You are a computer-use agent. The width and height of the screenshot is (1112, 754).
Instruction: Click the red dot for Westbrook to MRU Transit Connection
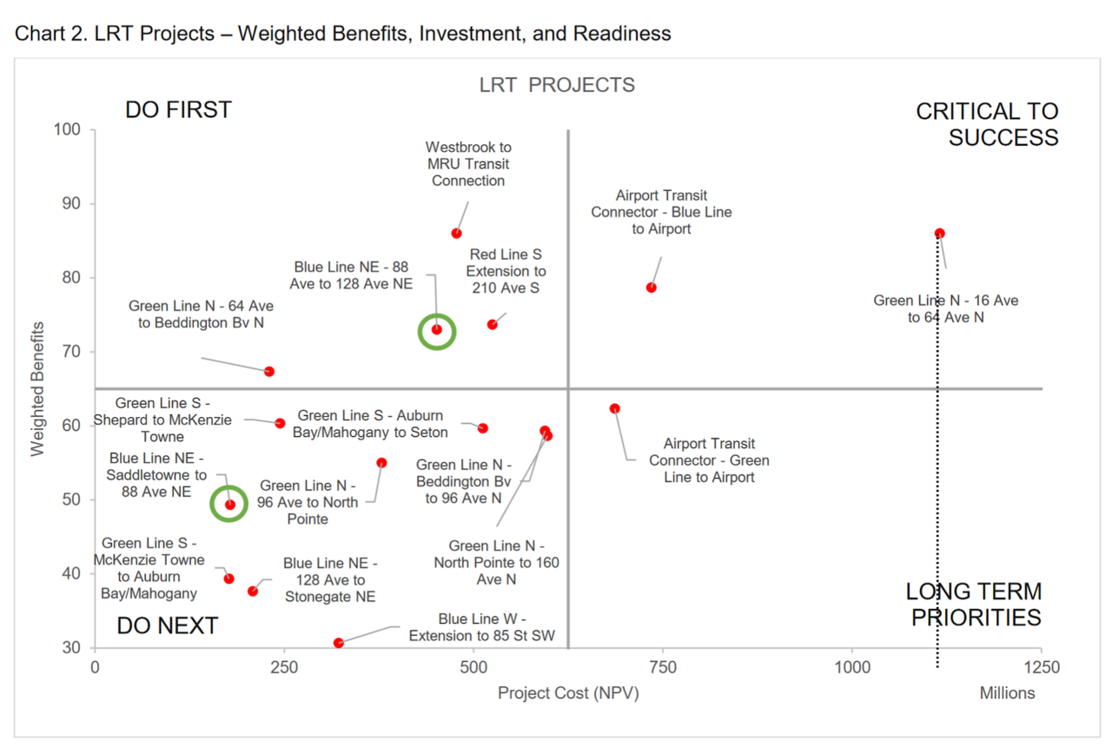(x=456, y=233)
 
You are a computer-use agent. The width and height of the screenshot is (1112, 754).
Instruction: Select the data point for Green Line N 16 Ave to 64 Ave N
(x=939, y=233)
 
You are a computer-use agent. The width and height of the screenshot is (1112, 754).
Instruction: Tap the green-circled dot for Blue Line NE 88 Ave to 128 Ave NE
(x=437, y=329)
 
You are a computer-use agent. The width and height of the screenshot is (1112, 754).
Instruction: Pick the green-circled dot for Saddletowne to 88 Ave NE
(x=230, y=504)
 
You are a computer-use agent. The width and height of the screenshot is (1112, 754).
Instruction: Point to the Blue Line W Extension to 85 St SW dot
(x=339, y=643)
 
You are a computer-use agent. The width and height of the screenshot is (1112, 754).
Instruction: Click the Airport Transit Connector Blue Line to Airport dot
(x=651, y=288)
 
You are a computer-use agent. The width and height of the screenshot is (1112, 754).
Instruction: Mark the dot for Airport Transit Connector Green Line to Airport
(x=614, y=408)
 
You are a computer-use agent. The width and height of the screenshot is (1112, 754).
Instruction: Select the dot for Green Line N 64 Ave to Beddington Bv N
(x=269, y=372)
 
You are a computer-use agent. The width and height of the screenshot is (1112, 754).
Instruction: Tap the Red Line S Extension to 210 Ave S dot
(x=493, y=324)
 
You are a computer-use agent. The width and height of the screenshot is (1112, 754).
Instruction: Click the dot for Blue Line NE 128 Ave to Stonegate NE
(x=253, y=591)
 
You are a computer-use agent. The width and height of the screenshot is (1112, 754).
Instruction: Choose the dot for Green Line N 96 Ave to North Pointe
(x=381, y=463)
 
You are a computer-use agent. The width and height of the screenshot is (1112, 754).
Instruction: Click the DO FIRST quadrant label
(x=178, y=110)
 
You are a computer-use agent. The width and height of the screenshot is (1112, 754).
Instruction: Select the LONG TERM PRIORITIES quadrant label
(x=973, y=605)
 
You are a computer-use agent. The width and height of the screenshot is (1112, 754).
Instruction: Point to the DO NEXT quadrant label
(x=167, y=625)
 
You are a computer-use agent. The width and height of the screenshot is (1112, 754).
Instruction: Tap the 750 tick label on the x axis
(x=663, y=667)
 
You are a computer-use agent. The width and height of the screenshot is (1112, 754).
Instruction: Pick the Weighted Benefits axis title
(x=37, y=388)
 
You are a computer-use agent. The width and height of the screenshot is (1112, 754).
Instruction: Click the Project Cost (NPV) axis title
(x=568, y=693)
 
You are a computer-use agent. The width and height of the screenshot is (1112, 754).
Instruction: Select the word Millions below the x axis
(x=1007, y=693)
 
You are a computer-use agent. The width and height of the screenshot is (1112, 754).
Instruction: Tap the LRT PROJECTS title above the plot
(x=557, y=85)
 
